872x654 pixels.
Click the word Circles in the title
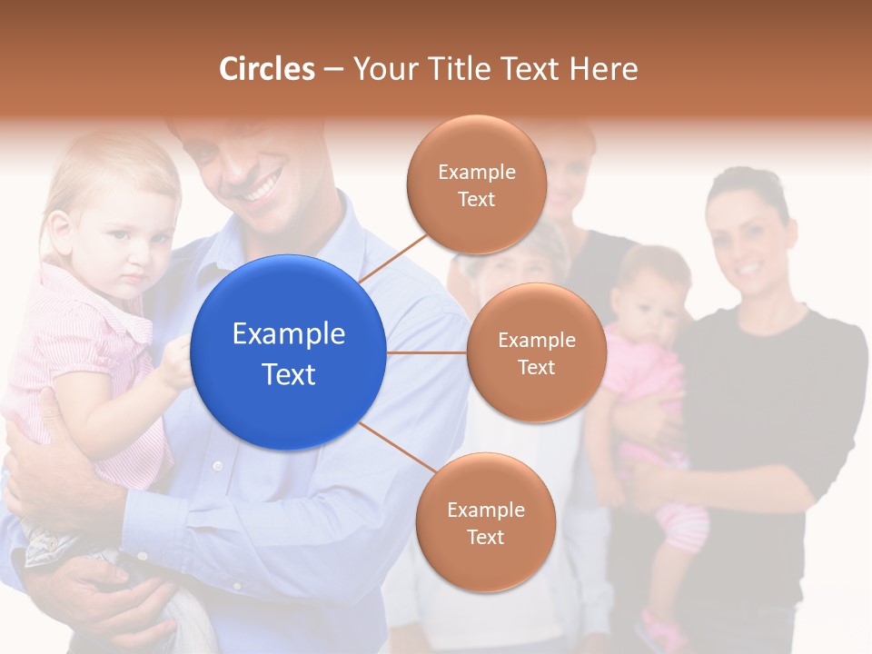pos(266,69)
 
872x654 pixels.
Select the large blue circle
pos(289,352)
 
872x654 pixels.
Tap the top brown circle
pos(476,184)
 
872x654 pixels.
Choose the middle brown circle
pos(536,352)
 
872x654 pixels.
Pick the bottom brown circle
pos(485,522)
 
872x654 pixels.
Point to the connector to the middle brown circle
pos(426,352)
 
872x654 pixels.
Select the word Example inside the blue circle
pos(289,334)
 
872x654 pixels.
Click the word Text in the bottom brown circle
pos(485,537)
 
